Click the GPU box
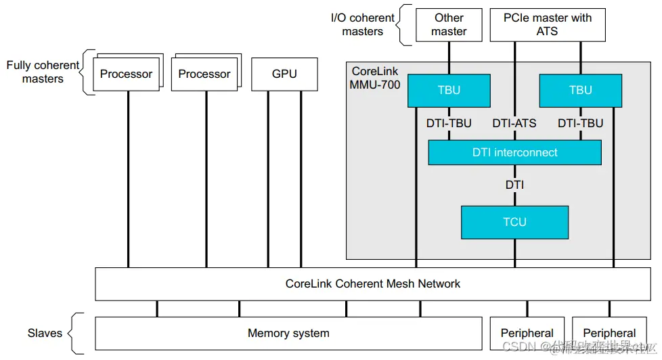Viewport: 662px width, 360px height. pos(284,74)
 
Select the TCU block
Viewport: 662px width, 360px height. pos(514,222)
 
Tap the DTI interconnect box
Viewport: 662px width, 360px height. pos(514,152)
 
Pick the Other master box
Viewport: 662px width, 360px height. pos(449,25)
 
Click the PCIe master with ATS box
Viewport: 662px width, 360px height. pos(547,25)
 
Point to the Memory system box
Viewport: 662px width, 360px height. pos(288,333)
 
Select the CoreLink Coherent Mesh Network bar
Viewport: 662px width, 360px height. pos(372,284)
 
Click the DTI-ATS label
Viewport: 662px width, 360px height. pos(514,123)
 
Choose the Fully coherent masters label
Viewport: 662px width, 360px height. pos(43,72)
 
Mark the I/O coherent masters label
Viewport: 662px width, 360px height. pos(363,24)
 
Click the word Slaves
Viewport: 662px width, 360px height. pos(45,333)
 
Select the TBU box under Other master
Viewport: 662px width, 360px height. pos(449,91)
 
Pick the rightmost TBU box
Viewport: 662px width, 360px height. pos(580,91)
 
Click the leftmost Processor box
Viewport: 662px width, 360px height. pos(127,74)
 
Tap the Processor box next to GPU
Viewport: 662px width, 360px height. pos(204,74)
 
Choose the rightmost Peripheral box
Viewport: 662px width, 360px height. pos(609,333)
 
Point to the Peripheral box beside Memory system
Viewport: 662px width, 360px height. pos(527,333)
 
